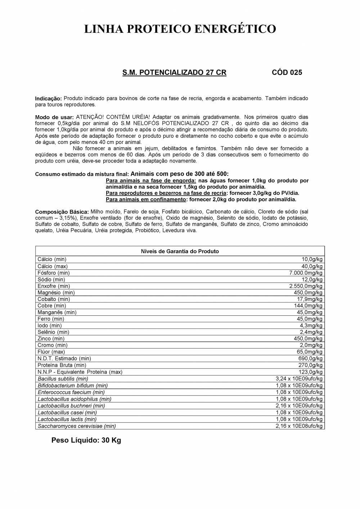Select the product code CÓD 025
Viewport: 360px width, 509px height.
click(x=287, y=72)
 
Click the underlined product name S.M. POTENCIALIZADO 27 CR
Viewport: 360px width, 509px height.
click(x=174, y=72)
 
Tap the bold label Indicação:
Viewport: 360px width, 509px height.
click(x=48, y=99)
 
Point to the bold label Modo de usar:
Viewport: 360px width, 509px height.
click(x=54, y=117)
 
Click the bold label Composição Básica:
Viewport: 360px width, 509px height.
click(x=62, y=212)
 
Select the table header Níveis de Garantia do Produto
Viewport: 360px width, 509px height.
click(x=180, y=251)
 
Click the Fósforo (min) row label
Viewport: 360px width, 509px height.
click(x=54, y=273)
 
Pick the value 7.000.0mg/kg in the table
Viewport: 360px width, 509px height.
click(x=306, y=273)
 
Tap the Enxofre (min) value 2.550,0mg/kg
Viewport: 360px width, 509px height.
click(x=306, y=286)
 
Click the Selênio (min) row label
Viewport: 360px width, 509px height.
click(x=53, y=332)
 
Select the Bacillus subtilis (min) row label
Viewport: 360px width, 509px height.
click(x=63, y=379)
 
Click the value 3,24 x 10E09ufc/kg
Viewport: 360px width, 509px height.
click(x=299, y=379)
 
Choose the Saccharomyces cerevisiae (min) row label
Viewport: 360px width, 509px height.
click(x=77, y=426)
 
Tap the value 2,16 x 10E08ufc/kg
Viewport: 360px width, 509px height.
click(x=299, y=426)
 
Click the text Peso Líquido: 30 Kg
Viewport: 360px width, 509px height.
click(x=86, y=440)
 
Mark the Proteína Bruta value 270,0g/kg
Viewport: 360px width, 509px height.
click(x=311, y=365)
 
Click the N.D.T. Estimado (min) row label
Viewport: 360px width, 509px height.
click(x=64, y=359)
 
